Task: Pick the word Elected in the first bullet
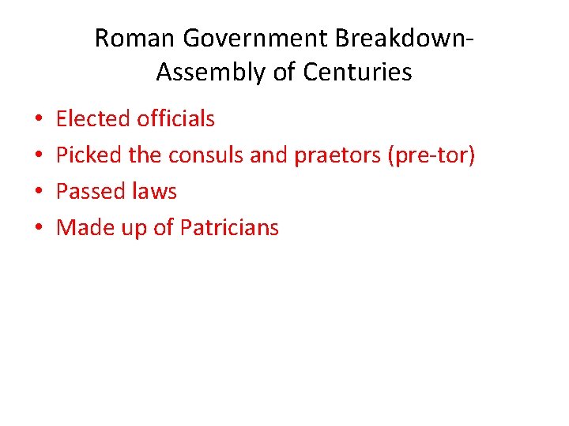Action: coord(93,119)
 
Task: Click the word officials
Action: coord(175,119)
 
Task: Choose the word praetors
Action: coord(337,155)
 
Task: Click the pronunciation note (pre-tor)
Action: coord(431,155)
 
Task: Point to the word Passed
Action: coord(89,192)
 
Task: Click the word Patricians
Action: coord(229,228)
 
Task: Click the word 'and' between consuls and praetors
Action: coord(268,155)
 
